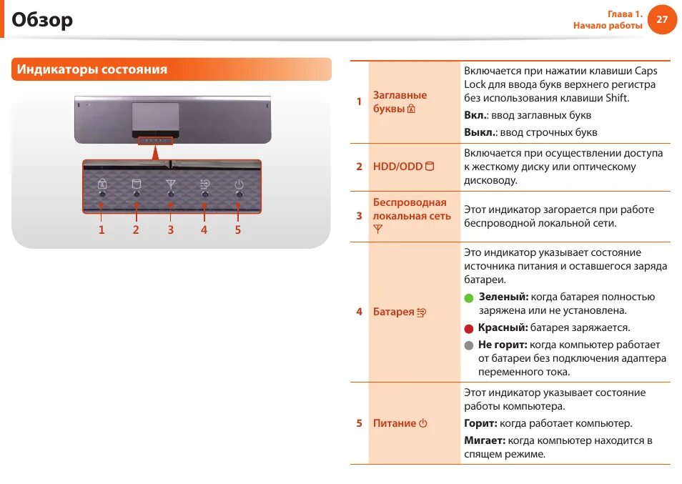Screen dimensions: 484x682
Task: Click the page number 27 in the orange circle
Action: tap(661, 19)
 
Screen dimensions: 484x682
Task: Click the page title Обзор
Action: tap(42, 20)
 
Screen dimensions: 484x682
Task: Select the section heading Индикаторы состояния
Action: tap(92, 69)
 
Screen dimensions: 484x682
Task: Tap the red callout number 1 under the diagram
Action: tap(102, 229)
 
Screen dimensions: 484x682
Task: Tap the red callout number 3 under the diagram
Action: tap(170, 229)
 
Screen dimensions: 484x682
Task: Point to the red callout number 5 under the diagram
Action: tap(238, 229)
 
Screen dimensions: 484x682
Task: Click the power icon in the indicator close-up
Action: tap(239, 183)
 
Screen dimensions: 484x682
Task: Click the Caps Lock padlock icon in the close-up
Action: tap(102, 183)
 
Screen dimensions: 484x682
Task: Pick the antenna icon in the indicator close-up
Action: tap(170, 183)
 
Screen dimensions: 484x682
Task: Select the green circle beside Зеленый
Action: tap(469, 297)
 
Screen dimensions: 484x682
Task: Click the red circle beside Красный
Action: tap(469, 329)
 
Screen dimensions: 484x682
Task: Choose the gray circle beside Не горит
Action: tap(469, 345)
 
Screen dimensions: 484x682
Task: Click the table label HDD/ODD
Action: tap(397, 167)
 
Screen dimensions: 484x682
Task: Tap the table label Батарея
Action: tap(394, 312)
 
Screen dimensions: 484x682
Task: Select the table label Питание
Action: tap(395, 423)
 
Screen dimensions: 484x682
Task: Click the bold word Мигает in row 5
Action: tap(484, 440)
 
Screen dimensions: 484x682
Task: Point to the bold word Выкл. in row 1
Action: tap(479, 132)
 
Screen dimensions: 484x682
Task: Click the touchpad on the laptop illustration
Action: tap(155, 115)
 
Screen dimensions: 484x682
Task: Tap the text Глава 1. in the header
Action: tap(625, 14)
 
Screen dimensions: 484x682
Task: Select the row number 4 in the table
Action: tap(359, 312)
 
